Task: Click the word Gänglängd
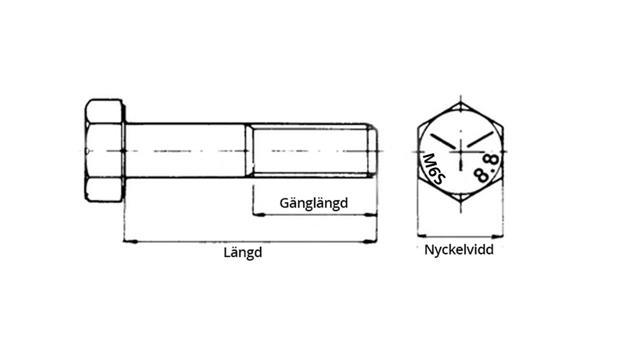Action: point(314,203)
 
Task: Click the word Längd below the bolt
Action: point(243,253)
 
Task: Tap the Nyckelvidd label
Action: point(459,250)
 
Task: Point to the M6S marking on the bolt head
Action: point(434,169)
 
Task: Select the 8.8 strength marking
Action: point(486,168)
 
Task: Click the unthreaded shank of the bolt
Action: point(186,151)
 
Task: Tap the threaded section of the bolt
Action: point(310,151)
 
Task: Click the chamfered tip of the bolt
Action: point(372,151)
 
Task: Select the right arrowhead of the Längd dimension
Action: point(370,241)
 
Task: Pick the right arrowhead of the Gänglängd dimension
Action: point(371,215)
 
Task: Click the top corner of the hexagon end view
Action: point(460,102)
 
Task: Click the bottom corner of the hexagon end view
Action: point(460,201)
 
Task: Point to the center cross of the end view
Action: point(460,151)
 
